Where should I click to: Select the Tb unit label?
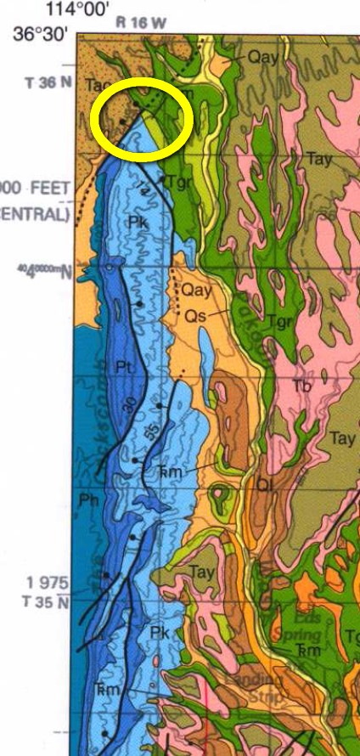[302, 385]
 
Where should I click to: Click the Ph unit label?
[87, 498]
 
